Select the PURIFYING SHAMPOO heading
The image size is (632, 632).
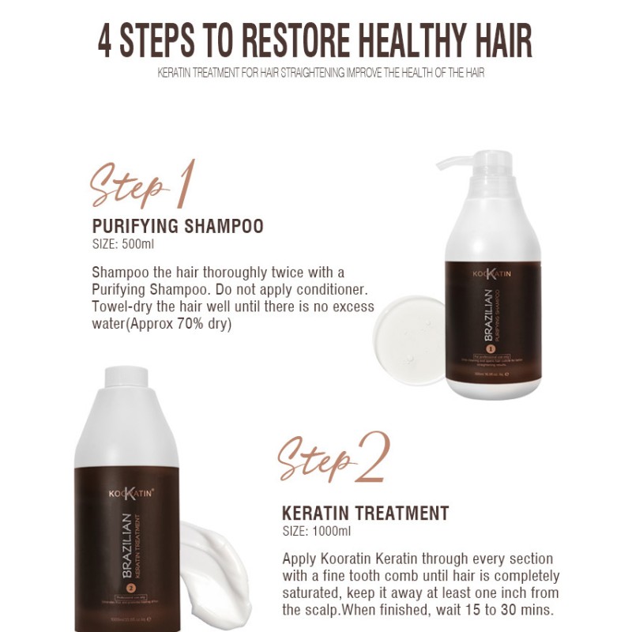[178, 227]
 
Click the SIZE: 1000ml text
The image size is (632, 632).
[316, 531]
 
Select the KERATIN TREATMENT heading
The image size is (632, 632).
[366, 513]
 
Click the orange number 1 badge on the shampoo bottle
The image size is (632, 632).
[489, 348]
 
